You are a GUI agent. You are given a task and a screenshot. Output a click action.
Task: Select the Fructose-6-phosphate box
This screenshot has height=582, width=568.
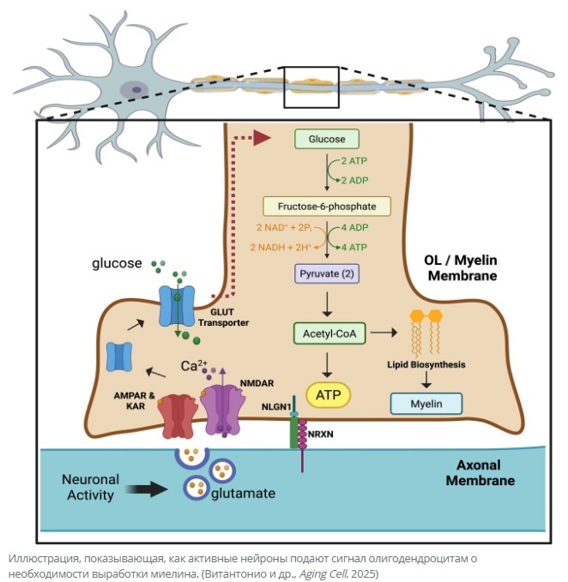pyautogui.click(x=326, y=207)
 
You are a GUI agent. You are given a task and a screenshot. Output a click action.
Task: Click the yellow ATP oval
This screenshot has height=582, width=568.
pyautogui.click(x=326, y=396)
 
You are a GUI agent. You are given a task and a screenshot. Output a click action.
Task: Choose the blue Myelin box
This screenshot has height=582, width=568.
pyautogui.click(x=426, y=403)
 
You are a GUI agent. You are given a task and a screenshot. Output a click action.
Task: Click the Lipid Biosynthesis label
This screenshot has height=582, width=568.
pyautogui.click(x=426, y=365)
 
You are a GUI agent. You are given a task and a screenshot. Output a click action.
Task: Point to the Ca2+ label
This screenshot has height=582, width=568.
pyautogui.click(x=194, y=366)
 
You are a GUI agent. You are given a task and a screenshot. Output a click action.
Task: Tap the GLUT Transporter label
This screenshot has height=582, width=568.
pyautogui.click(x=224, y=317)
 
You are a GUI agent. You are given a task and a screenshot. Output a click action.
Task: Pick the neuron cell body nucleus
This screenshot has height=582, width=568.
pyautogui.click(x=133, y=89)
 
